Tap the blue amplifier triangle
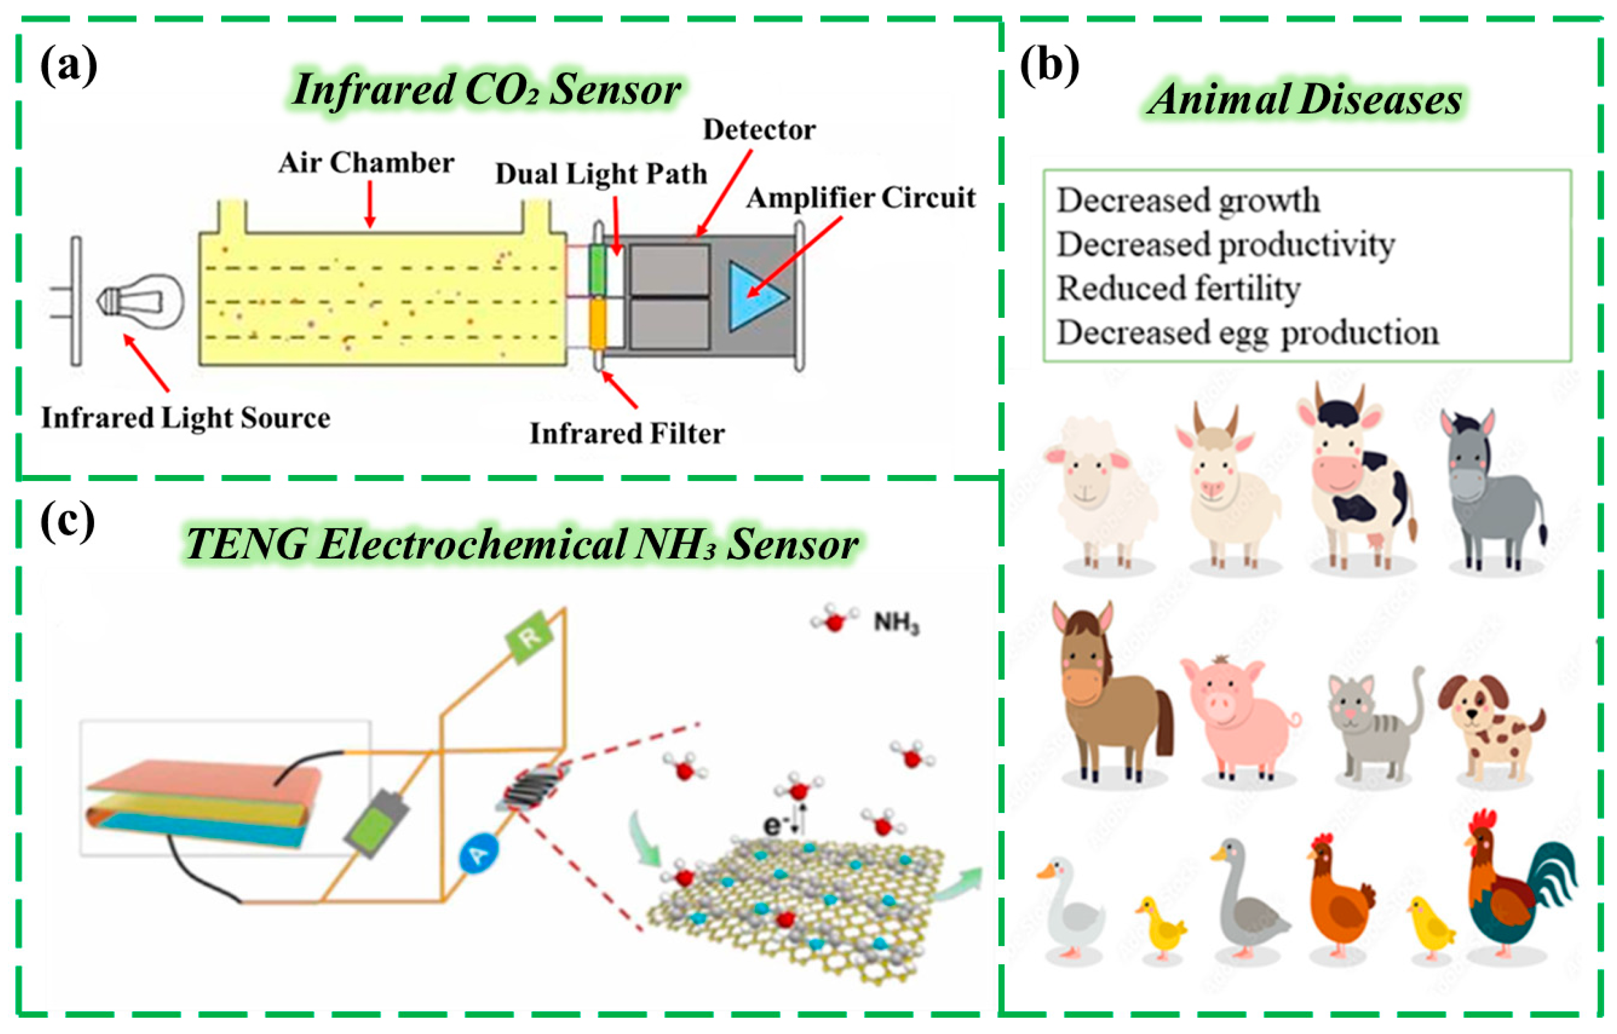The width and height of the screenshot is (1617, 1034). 754,296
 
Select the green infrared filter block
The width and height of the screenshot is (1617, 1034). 596,270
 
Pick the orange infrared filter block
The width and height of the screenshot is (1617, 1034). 596,324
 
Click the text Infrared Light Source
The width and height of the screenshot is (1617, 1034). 185,418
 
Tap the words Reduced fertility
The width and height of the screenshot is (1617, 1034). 1178,289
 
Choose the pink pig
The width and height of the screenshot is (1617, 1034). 1236,719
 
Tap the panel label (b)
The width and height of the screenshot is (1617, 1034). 1049,66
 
